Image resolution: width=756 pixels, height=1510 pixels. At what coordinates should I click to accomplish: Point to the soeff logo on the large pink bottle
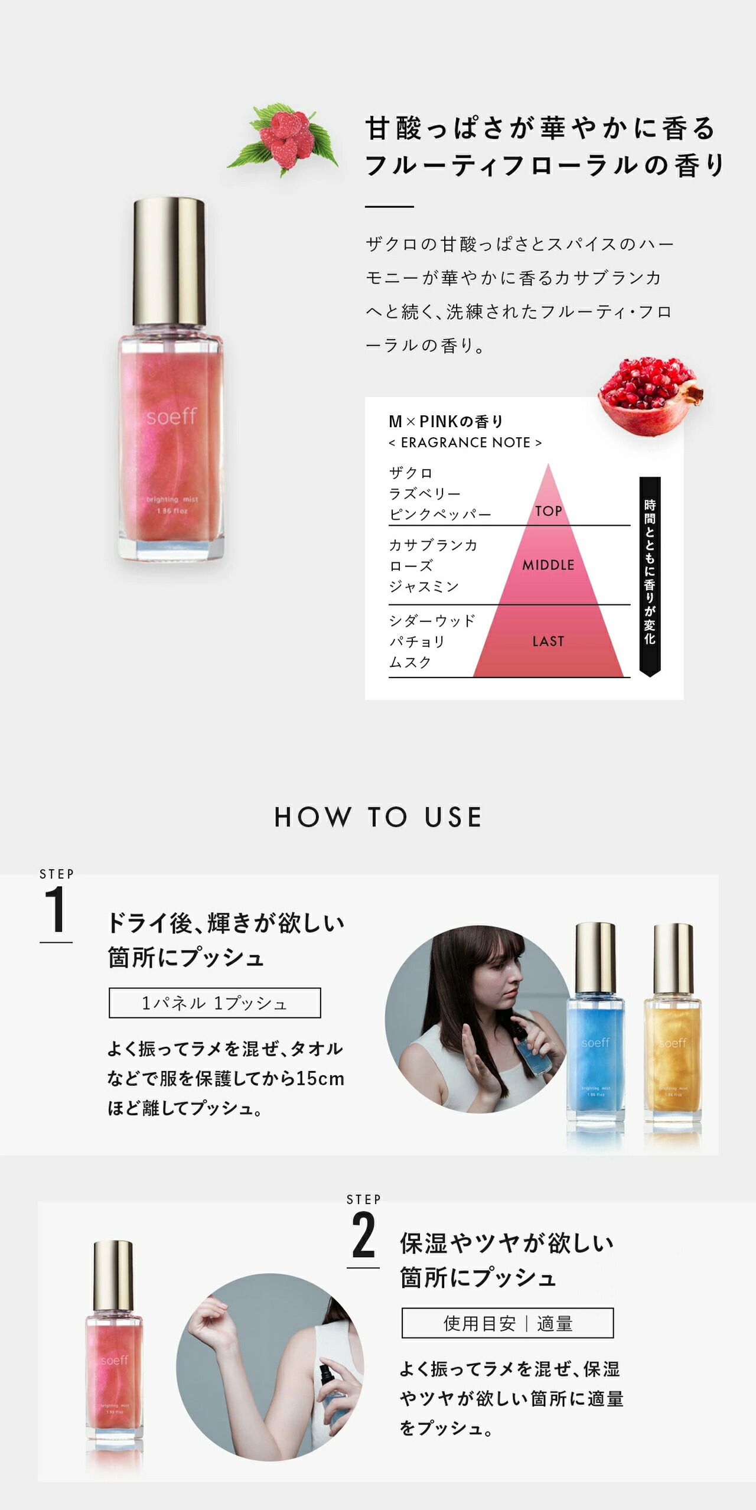tap(171, 416)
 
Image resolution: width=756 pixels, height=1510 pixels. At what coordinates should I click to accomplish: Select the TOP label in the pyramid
tap(548, 511)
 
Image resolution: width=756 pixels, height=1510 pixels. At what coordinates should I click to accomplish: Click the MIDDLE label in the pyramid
tap(548, 565)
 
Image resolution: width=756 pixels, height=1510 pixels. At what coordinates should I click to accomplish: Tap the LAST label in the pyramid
tap(548, 641)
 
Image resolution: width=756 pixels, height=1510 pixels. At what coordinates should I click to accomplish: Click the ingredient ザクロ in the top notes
tap(411, 473)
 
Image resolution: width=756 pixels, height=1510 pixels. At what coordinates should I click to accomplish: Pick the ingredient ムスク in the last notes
tap(410, 662)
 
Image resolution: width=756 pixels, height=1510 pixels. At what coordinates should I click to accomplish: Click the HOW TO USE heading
tap(378, 817)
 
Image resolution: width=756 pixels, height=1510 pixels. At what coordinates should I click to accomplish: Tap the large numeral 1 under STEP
tap(56, 910)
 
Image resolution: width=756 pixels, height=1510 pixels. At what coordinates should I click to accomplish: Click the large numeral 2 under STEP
tap(363, 1235)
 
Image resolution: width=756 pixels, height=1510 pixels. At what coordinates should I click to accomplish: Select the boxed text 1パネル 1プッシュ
tap(214, 1003)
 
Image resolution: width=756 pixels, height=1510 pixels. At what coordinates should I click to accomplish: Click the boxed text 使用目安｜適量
tap(507, 1323)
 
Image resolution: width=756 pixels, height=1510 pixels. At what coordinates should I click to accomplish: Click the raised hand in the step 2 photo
tap(206, 1317)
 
